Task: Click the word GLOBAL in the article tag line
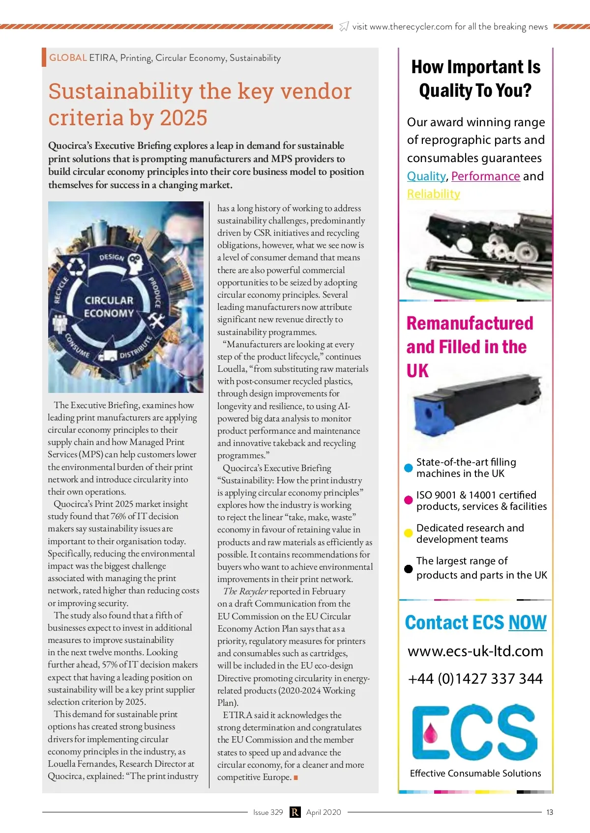pyautogui.click(x=68, y=58)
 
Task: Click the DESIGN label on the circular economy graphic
pyautogui.click(x=112, y=257)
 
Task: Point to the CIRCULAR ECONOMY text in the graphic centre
pyautogui.click(x=109, y=307)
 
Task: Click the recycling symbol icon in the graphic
pyautogui.click(x=76, y=267)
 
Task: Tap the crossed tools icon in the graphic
pyautogui.click(x=157, y=321)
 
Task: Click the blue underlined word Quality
pyautogui.click(x=426, y=176)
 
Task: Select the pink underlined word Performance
pyautogui.click(x=485, y=176)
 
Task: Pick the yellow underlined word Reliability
pyautogui.click(x=433, y=194)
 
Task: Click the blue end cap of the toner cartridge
pyautogui.click(x=426, y=414)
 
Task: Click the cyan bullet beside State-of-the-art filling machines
pyautogui.click(x=408, y=468)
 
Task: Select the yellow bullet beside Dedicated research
pyautogui.click(x=408, y=533)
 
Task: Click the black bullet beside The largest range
pyautogui.click(x=408, y=569)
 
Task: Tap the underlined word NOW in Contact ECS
pyautogui.click(x=527, y=623)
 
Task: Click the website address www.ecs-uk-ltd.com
pyautogui.click(x=475, y=651)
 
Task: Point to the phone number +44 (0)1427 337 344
pyautogui.click(x=475, y=679)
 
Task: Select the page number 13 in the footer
pyautogui.click(x=550, y=812)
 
